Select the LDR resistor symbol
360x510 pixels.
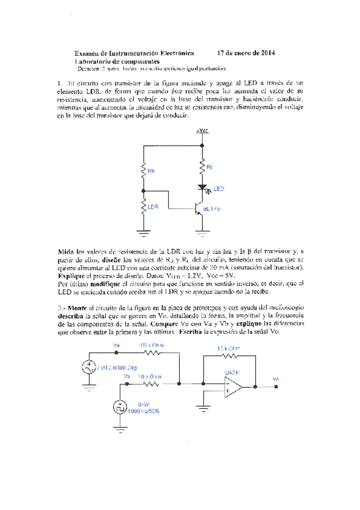[144, 207]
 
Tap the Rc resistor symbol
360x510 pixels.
[200, 165]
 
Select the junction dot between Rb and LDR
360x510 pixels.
[144, 190]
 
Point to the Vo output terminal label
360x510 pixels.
[275, 379]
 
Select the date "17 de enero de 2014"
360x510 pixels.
[246, 53]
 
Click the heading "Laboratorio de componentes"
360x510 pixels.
[117, 61]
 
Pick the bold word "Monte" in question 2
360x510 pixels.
[77, 307]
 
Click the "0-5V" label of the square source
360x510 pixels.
[145, 404]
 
